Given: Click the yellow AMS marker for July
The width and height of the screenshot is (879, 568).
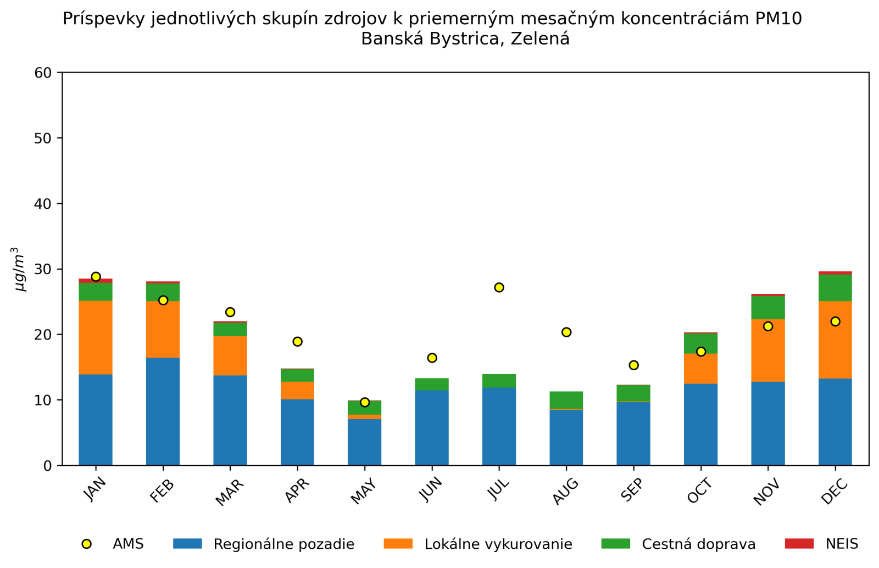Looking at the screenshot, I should pyautogui.click(x=499, y=287).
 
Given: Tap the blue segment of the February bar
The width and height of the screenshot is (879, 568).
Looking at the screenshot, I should pyautogui.click(x=163, y=411).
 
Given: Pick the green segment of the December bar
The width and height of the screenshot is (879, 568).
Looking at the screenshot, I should pyautogui.click(x=835, y=287).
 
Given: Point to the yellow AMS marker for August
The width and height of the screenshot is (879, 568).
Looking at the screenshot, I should pyautogui.click(x=566, y=332).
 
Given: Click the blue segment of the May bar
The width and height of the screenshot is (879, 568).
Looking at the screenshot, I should pyautogui.click(x=364, y=442).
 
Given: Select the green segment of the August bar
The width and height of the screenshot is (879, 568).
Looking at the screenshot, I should pyautogui.click(x=566, y=400).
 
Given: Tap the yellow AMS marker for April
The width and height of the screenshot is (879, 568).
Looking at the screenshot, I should pyautogui.click(x=297, y=342).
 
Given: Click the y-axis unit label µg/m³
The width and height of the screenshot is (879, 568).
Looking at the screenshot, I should pyautogui.click(x=20, y=269).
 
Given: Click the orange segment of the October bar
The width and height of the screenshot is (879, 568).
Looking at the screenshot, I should pyautogui.click(x=700, y=368).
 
